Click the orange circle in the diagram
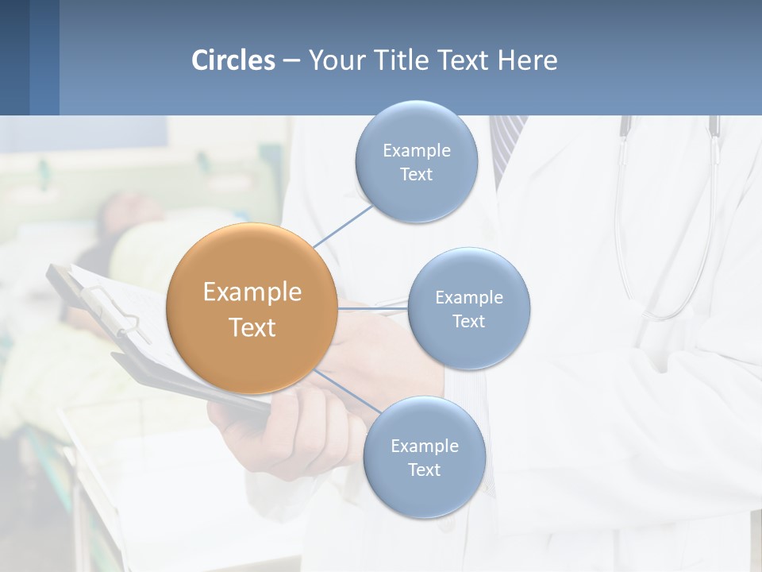pyautogui.click(x=252, y=308)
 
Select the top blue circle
pyautogui.click(x=416, y=162)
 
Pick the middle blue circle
pyautogui.click(x=468, y=309)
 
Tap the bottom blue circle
pyautogui.click(x=424, y=458)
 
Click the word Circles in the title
pyautogui.click(x=233, y=60)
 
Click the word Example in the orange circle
pyautogui.click(x=252, y=292)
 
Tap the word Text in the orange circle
pyautogui.click(x=252, y=327)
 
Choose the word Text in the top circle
pyautogui.click(x=416, y=175)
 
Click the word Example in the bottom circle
pyautogui.click(x=424, y=446)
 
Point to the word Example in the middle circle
pyautogui.click(x=468, y=297)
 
